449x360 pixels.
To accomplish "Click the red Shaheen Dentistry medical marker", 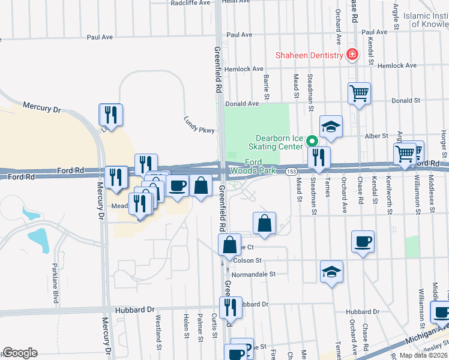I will (x=352, y=56).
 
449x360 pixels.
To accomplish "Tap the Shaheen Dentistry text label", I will (x=309, y=55).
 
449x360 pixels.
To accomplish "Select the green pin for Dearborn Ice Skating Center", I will (x=312, y=142).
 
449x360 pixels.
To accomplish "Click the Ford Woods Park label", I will (x=260, y=166).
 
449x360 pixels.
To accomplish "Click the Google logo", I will (x=20, y=352).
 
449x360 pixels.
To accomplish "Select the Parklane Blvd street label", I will (x=55, y=282).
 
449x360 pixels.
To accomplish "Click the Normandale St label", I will (x=254, y=274).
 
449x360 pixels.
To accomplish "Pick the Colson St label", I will (x=248, y=260).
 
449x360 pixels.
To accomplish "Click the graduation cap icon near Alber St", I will (x=331, y=126).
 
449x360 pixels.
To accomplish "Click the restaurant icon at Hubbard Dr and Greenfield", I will (x=231, y=307).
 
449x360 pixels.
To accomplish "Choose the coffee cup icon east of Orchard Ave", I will (x=363, y=241).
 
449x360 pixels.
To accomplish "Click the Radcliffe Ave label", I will (x=190, y=3).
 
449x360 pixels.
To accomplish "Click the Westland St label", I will (x=159, y=332).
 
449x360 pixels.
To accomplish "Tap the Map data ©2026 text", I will (x=424, y=355).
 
